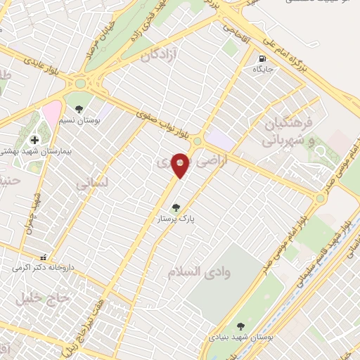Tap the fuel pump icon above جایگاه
point(262,58)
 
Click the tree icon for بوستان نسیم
point(79,109)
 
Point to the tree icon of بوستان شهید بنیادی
point(240,326)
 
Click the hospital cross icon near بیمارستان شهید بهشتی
point(34,140)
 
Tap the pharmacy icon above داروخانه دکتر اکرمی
point(44,257)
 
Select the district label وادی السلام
point(195,270)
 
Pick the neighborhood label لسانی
point(91,183)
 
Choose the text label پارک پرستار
point(176,219)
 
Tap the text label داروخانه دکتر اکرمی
point(42,268)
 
